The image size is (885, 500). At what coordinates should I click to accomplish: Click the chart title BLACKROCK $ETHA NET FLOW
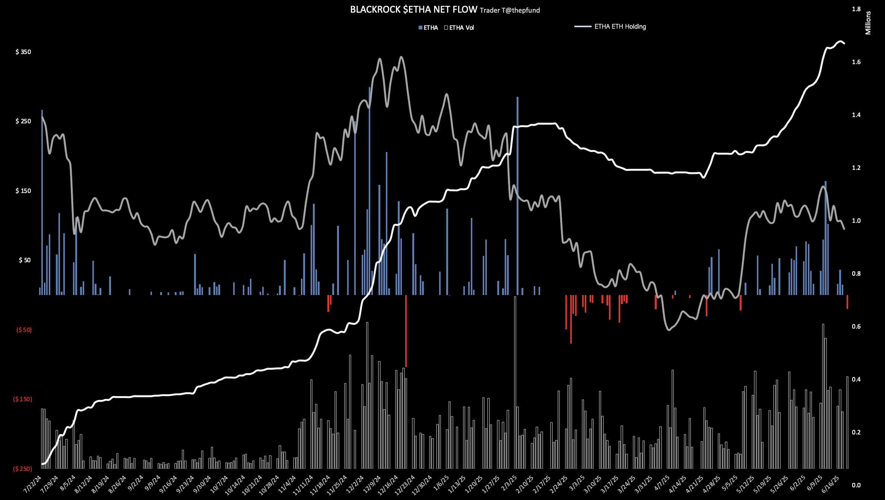[413, 10]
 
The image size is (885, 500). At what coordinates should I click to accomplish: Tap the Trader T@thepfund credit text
[510, 10]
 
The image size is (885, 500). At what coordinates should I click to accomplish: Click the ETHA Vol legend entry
[459, 28]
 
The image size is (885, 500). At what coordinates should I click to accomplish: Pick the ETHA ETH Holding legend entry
[620, 26]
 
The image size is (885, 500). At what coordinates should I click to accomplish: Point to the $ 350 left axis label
[23, 52]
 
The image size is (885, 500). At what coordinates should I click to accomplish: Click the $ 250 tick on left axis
[23, 121]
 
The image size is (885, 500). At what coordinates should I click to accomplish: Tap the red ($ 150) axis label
[22, 399]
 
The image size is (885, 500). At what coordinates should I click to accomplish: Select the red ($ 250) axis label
[22, 469]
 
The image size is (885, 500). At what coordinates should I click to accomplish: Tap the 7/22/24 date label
[33, 484]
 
